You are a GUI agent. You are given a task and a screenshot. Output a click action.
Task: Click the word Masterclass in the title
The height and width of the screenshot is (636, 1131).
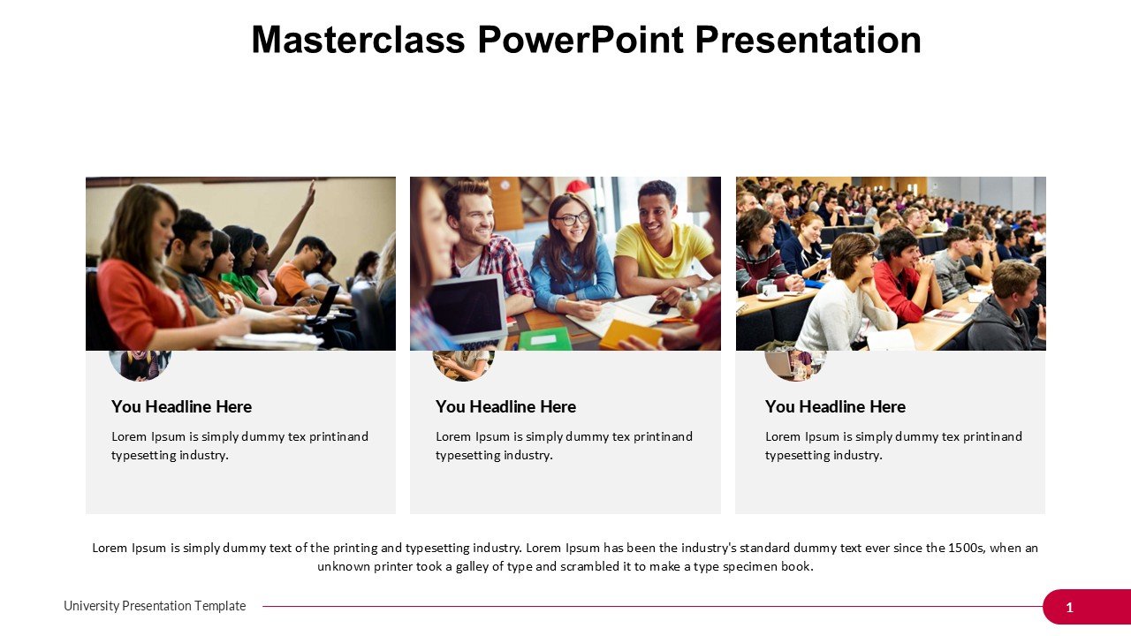(358, 40)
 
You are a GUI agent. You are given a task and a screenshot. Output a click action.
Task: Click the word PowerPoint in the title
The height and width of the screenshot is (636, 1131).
(581, 40)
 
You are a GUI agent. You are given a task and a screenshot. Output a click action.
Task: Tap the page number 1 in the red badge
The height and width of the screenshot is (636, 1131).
(1069, 607)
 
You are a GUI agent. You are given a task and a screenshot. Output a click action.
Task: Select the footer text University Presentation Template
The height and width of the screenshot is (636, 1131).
(155, 606)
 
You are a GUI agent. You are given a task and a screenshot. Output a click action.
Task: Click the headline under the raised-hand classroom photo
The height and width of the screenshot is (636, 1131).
(181, 406)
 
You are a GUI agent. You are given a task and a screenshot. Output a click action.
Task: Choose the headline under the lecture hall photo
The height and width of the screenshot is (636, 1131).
(835, 406)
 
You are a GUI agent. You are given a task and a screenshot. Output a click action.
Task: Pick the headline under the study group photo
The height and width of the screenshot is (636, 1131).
(505, 406)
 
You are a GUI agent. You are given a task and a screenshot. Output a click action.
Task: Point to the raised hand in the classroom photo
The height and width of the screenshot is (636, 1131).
(309, 194)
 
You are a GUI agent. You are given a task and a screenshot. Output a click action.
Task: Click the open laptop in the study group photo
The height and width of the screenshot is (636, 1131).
(467, 309)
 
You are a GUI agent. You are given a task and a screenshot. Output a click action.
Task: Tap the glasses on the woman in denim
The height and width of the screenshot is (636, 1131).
(572, 219)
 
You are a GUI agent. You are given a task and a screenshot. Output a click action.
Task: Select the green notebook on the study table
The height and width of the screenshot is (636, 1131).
(544, 338)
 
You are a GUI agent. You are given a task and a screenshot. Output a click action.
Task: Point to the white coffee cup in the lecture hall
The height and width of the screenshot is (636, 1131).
(769, 291)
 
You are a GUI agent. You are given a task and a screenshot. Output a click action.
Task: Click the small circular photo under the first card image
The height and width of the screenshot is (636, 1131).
(140, 365)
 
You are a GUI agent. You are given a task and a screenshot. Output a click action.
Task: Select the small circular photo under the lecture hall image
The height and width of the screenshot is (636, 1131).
(795, 365)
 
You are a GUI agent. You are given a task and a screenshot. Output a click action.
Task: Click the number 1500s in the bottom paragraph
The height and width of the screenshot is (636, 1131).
(967, 548)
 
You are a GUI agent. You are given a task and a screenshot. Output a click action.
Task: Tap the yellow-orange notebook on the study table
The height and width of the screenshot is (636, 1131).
(630, 333)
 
